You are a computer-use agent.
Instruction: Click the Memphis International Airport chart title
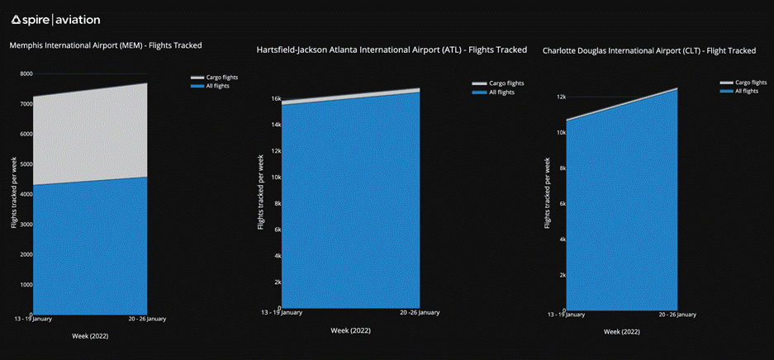click(x=106, y=45)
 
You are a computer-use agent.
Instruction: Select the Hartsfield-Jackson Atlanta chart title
click(x=392, y=50)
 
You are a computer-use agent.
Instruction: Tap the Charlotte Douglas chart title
click(x=648, y=51)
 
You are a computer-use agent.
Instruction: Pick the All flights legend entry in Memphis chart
click(x=213, y=85)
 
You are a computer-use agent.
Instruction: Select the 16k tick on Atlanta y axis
click(x=276, y=99)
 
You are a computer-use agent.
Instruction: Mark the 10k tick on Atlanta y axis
click(x=276, y=178)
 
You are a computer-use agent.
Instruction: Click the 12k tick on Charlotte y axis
click(x=560, y=97)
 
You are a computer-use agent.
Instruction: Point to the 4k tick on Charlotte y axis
click(x=562, y=239)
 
